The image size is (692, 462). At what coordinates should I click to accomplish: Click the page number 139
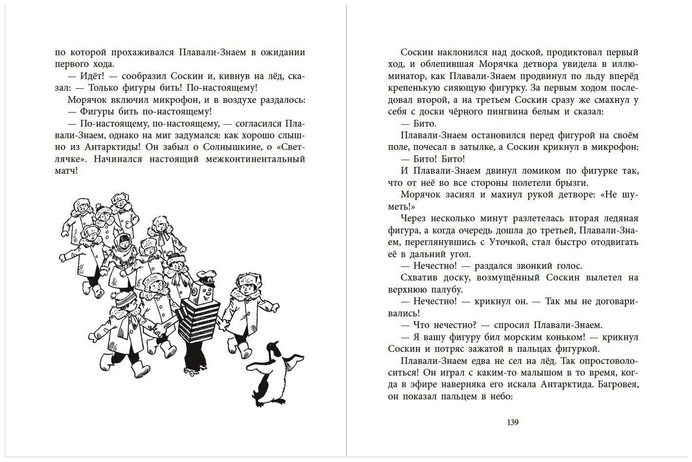pos(513,422)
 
